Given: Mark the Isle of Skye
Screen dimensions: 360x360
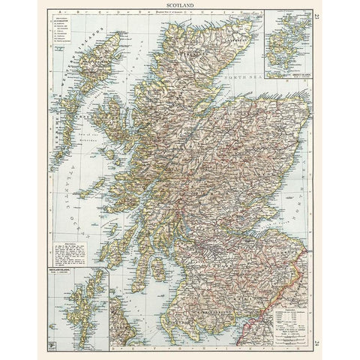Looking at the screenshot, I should coord(112,124).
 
